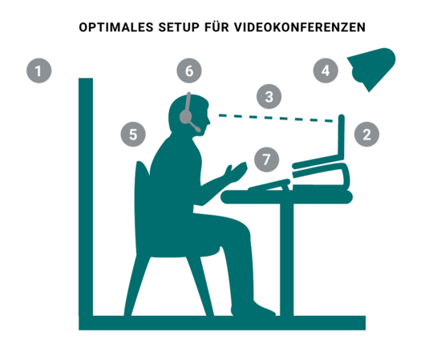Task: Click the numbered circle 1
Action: [38, 71]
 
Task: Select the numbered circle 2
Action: [366, 134]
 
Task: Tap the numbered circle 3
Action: [269, 96]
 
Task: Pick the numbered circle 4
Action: [326, 71]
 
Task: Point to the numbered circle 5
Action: [133, 134]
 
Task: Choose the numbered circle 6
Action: [189, 71]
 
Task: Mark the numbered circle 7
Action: [267, 160]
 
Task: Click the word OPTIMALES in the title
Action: [116, 27]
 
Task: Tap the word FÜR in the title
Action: [216, 26]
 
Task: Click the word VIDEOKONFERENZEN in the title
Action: [300, 27]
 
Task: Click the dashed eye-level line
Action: [276, 118]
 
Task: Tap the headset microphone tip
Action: [198, 129]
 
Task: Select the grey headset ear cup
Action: [186, 116]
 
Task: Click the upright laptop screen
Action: [342, 136]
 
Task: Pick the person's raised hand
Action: [237, 172]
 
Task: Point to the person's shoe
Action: [253, 309]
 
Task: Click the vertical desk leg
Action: [286, 259]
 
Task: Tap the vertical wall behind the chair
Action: [86, 197]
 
